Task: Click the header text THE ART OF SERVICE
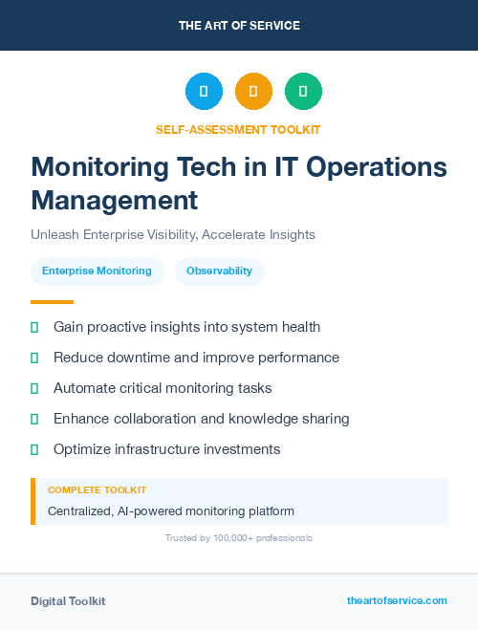[239, 26]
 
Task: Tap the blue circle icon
[204, 92]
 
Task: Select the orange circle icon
[253, 92]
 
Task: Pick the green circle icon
[303, 92]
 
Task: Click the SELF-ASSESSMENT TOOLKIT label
[238, 129]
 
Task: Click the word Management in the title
[114, 200]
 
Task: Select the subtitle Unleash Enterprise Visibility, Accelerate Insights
[173, 234]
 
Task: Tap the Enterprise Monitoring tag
[97, 272]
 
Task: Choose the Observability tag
[219, 272]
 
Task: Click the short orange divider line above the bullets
[38, 302]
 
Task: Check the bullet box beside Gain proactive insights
[34, 328]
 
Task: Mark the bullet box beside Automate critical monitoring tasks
[34, 389]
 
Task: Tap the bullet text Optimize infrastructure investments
[166, 449]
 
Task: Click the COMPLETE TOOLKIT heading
[97, 490]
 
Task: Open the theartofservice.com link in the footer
[397, 600]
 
